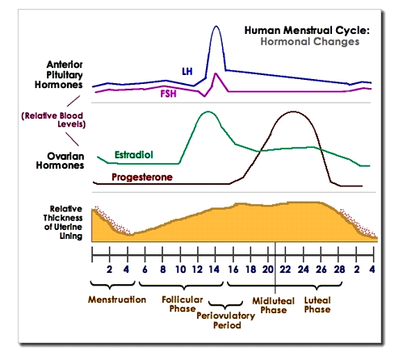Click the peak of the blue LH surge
[x=216, y=27]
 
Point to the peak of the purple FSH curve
[x=214, y=75]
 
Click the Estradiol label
[x=130, y=153]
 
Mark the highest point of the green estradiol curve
[x=208, y=112]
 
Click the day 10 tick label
[x=180, y=270]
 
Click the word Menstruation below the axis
[x=117, y=299]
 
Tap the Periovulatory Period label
[x=225, y=321]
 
